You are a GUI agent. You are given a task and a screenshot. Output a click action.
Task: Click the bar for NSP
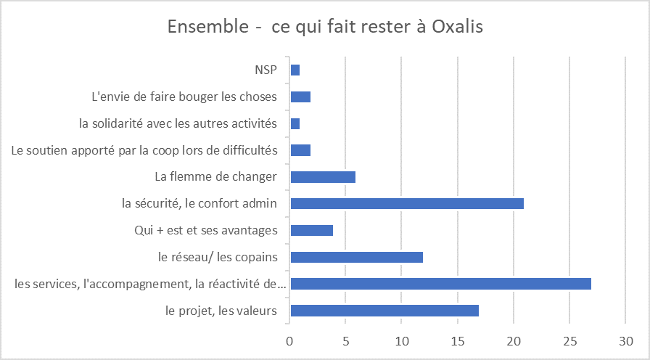coord(295,70)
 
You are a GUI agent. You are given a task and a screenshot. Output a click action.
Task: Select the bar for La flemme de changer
coord(323,176)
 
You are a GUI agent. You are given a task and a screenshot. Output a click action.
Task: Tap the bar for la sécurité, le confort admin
coord(407,203)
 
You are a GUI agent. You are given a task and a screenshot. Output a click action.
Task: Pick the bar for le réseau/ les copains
coord(356,257)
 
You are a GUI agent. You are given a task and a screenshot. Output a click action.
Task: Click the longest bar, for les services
coord(440,284)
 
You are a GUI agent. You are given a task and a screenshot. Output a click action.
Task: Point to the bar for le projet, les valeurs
coord(384,311)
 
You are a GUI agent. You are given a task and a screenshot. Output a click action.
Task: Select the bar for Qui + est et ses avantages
coord(312,230)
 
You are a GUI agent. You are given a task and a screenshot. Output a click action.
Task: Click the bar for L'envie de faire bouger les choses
coord(300,97)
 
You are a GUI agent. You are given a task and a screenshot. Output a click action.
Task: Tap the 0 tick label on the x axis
coord(290,340)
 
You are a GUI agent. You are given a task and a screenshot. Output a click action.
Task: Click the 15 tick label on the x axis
coord(458,340)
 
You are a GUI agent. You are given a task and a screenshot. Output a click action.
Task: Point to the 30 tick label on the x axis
coord(625,340)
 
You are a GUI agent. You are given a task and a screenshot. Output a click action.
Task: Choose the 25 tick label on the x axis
coord(569,340)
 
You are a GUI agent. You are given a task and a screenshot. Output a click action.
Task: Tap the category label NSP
coord(266,70)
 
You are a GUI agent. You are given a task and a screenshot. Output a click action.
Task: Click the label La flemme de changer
coord(216,176)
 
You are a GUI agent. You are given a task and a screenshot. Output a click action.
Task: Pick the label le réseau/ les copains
coord(218,257)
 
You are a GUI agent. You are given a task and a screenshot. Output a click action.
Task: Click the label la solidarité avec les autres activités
coord(178,123)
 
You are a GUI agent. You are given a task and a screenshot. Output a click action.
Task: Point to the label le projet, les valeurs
coord(222,311)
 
